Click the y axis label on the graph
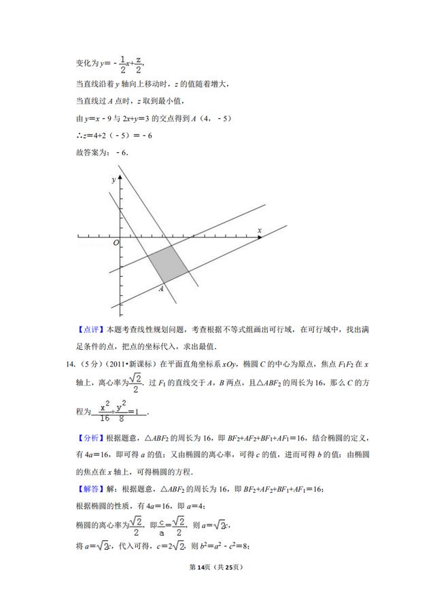pyautogui.click(x=113, y=181)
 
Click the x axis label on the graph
pyautogui.click(x=260, y=231)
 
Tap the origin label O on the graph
pyautogui.click(x=116, y=242)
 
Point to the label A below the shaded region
pyautogui.click(x=161, y=289)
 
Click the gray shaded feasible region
pyautogui.click(x=167, y=264)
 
